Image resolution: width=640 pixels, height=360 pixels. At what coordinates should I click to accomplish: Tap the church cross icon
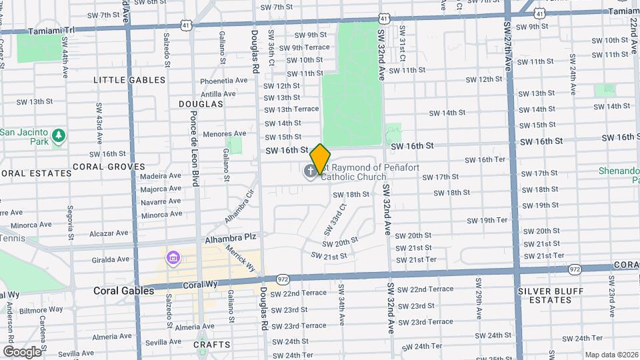point(310,172)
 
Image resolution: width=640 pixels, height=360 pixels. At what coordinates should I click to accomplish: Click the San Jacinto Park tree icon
point(59,136)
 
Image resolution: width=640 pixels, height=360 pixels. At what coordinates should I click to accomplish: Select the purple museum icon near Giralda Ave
point(173,257)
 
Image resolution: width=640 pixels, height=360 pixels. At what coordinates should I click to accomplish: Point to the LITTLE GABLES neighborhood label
point(129,80)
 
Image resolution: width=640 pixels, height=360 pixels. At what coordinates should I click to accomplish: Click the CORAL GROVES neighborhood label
point(109,167)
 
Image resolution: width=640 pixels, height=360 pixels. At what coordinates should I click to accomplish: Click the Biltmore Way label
point(41,309)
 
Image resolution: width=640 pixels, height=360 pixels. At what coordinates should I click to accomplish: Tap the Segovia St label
point(70,217)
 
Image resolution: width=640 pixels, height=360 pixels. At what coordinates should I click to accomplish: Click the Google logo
point(22,351)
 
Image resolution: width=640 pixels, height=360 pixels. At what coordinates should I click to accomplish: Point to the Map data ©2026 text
point(611,355)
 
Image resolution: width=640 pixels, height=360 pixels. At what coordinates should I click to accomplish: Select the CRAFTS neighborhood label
point(212,345)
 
